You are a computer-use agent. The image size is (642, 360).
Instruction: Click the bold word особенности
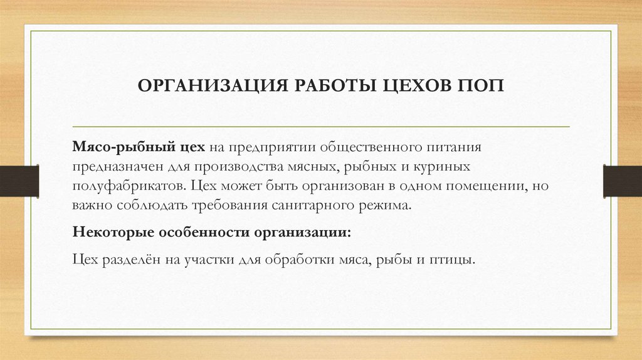click(x=203, y=233)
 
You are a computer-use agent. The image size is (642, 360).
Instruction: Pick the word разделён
click(x=130, y=260)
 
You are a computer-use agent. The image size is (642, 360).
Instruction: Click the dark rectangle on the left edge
click(x=19, y=180)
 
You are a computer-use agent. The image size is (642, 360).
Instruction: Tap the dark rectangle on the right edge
click(x=623, y=180)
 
